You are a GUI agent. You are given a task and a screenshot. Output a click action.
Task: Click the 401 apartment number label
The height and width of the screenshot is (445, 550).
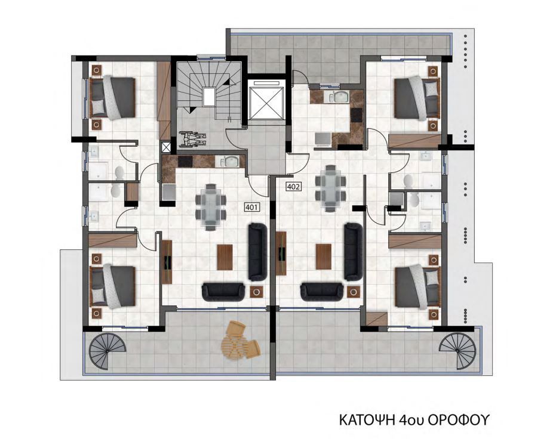251,208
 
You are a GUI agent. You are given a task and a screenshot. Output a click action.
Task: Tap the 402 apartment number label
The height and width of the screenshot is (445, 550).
293,187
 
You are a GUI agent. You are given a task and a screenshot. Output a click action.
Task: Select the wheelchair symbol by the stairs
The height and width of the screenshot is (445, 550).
192,139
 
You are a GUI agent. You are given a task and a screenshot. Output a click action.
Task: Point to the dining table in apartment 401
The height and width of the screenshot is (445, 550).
211,207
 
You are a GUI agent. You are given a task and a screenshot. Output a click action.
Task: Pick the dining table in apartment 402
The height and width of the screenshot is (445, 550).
330,188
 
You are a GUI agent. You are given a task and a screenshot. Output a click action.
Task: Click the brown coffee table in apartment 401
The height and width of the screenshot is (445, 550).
225,257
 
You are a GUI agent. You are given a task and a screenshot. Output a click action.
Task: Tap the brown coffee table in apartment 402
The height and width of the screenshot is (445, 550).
324,257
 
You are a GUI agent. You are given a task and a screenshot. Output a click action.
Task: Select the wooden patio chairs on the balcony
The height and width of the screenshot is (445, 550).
240,340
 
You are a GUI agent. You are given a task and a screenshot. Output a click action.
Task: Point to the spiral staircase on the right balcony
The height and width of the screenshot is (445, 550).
457,351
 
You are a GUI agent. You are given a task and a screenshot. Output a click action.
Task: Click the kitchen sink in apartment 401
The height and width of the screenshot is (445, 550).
229,162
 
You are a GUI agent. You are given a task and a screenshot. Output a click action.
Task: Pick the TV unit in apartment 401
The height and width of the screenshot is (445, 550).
167,262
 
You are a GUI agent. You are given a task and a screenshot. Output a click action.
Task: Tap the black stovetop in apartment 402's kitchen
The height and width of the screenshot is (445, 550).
357,115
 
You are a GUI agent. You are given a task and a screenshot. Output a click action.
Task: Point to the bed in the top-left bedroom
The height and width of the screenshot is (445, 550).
113,98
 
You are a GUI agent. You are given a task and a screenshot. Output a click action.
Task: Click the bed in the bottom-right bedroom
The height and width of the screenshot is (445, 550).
417,288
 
